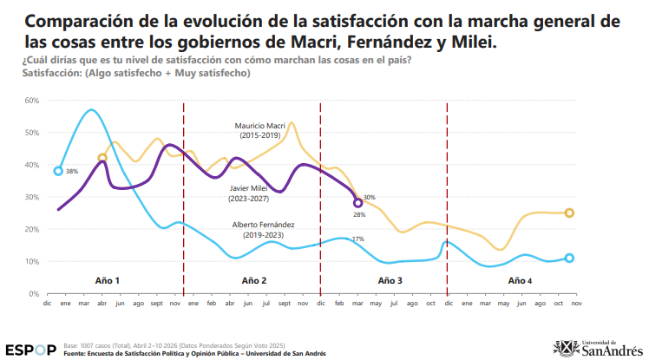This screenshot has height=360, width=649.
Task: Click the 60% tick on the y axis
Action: tap(33, 101)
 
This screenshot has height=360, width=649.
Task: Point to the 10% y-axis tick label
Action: tap(33, 261)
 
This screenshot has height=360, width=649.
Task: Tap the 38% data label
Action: tap(72, 172)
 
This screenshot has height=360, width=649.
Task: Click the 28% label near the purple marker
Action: tap(358, 214)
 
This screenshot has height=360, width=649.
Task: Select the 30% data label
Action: tap(369, 198)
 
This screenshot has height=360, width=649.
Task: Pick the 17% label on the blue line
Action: tap(357, 239)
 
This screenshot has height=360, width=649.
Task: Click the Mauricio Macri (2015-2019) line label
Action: tap(260, 130)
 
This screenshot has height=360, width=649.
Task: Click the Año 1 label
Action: tap(107, 281)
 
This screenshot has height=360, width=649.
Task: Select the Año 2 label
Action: tap(254, 281)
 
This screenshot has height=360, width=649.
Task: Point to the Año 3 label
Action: tap(390, 281)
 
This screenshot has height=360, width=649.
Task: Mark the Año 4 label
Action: tap(520, 281)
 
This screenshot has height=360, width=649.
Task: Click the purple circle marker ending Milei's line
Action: tap(358, 203)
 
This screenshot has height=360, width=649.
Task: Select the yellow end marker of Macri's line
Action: tap(569, 213)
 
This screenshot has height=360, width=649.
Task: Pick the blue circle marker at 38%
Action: tap(58, 171)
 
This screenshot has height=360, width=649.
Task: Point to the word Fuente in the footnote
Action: tap(77, 353)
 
